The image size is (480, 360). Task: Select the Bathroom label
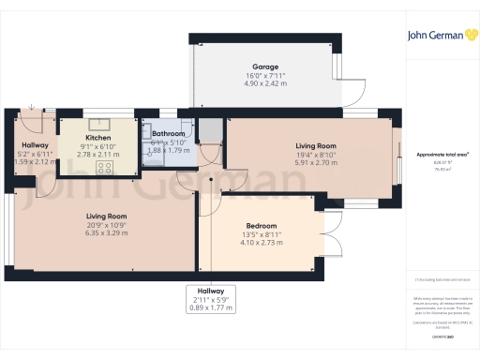pyautogui.click(x=169, y=134)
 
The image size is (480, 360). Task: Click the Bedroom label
pyautogui.click(x=260, y=227)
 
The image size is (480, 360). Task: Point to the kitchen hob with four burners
pyautogui.click(x=104, y=168)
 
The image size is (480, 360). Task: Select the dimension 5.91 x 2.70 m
pyautogui.click(x=316, y=162)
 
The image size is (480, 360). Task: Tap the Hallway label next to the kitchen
pyautogui.click(x=36, y=144)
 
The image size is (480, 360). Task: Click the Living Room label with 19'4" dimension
pyautogui.click(x=316, y=145)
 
